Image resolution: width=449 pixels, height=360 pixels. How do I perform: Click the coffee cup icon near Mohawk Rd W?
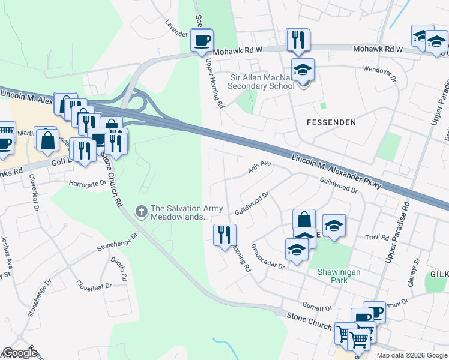pyautogui.click(x=202, y=41)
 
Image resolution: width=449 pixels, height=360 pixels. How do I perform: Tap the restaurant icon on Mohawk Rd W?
pyautogui.click(x=298, y=40)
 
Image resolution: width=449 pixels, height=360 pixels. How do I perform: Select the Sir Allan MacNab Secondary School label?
pyautogui.click(x=261, y=82)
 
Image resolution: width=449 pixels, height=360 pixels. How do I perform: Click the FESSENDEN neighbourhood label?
pyautogui.click(x=331, y=122)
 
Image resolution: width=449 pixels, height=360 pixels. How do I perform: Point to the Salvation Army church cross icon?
pyautogui.click(x=141, y=211)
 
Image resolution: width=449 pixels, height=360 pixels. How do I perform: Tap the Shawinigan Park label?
pyautogui.click(x=339, y=276)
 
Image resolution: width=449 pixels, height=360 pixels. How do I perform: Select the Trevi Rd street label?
pyautogui.click(x=377, y=238)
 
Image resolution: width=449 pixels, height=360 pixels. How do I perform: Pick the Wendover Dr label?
pyautogui.click(x=380, y=74)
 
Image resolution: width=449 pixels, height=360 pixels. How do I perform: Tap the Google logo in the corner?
pyautogui.click(x=20, y=353)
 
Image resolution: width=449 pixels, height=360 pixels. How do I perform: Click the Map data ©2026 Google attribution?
pyautogui.click(x=411, y=355)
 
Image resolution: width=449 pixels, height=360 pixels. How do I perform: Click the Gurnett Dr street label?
pyautogui.click(x=317, y=307)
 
